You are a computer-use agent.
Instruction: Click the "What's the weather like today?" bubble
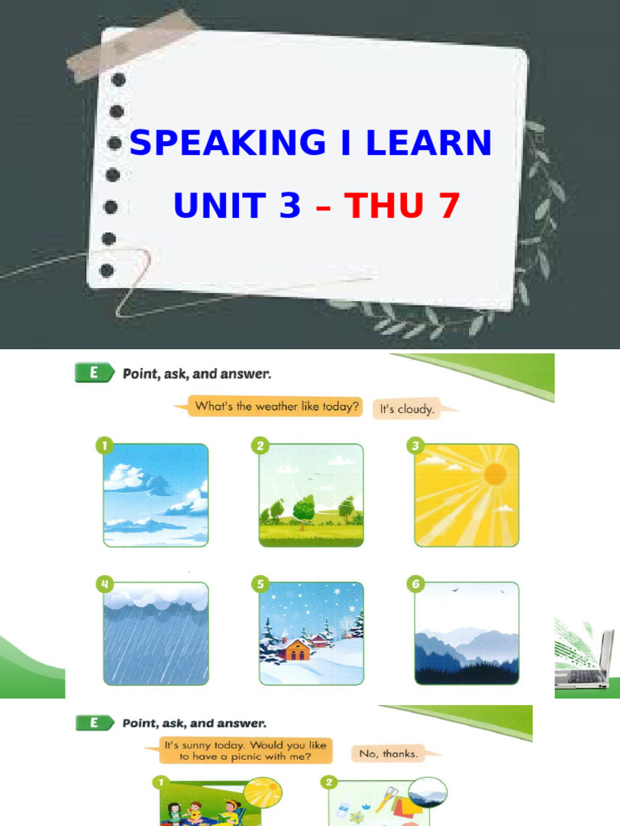tap(274, 407)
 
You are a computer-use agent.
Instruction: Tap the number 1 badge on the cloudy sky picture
tap(103, 444)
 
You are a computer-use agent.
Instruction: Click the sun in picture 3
tap(494, 474)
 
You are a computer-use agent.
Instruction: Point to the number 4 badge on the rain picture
tap(103, 582)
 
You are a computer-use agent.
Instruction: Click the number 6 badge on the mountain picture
tap(414, 582)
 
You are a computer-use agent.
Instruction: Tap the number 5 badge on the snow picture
tap(258, 582)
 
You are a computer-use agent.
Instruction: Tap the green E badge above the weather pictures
tap(92, 373)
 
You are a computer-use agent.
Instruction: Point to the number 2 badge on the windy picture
tap(258, 444)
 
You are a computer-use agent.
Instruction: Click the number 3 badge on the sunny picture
tap(414, 444)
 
